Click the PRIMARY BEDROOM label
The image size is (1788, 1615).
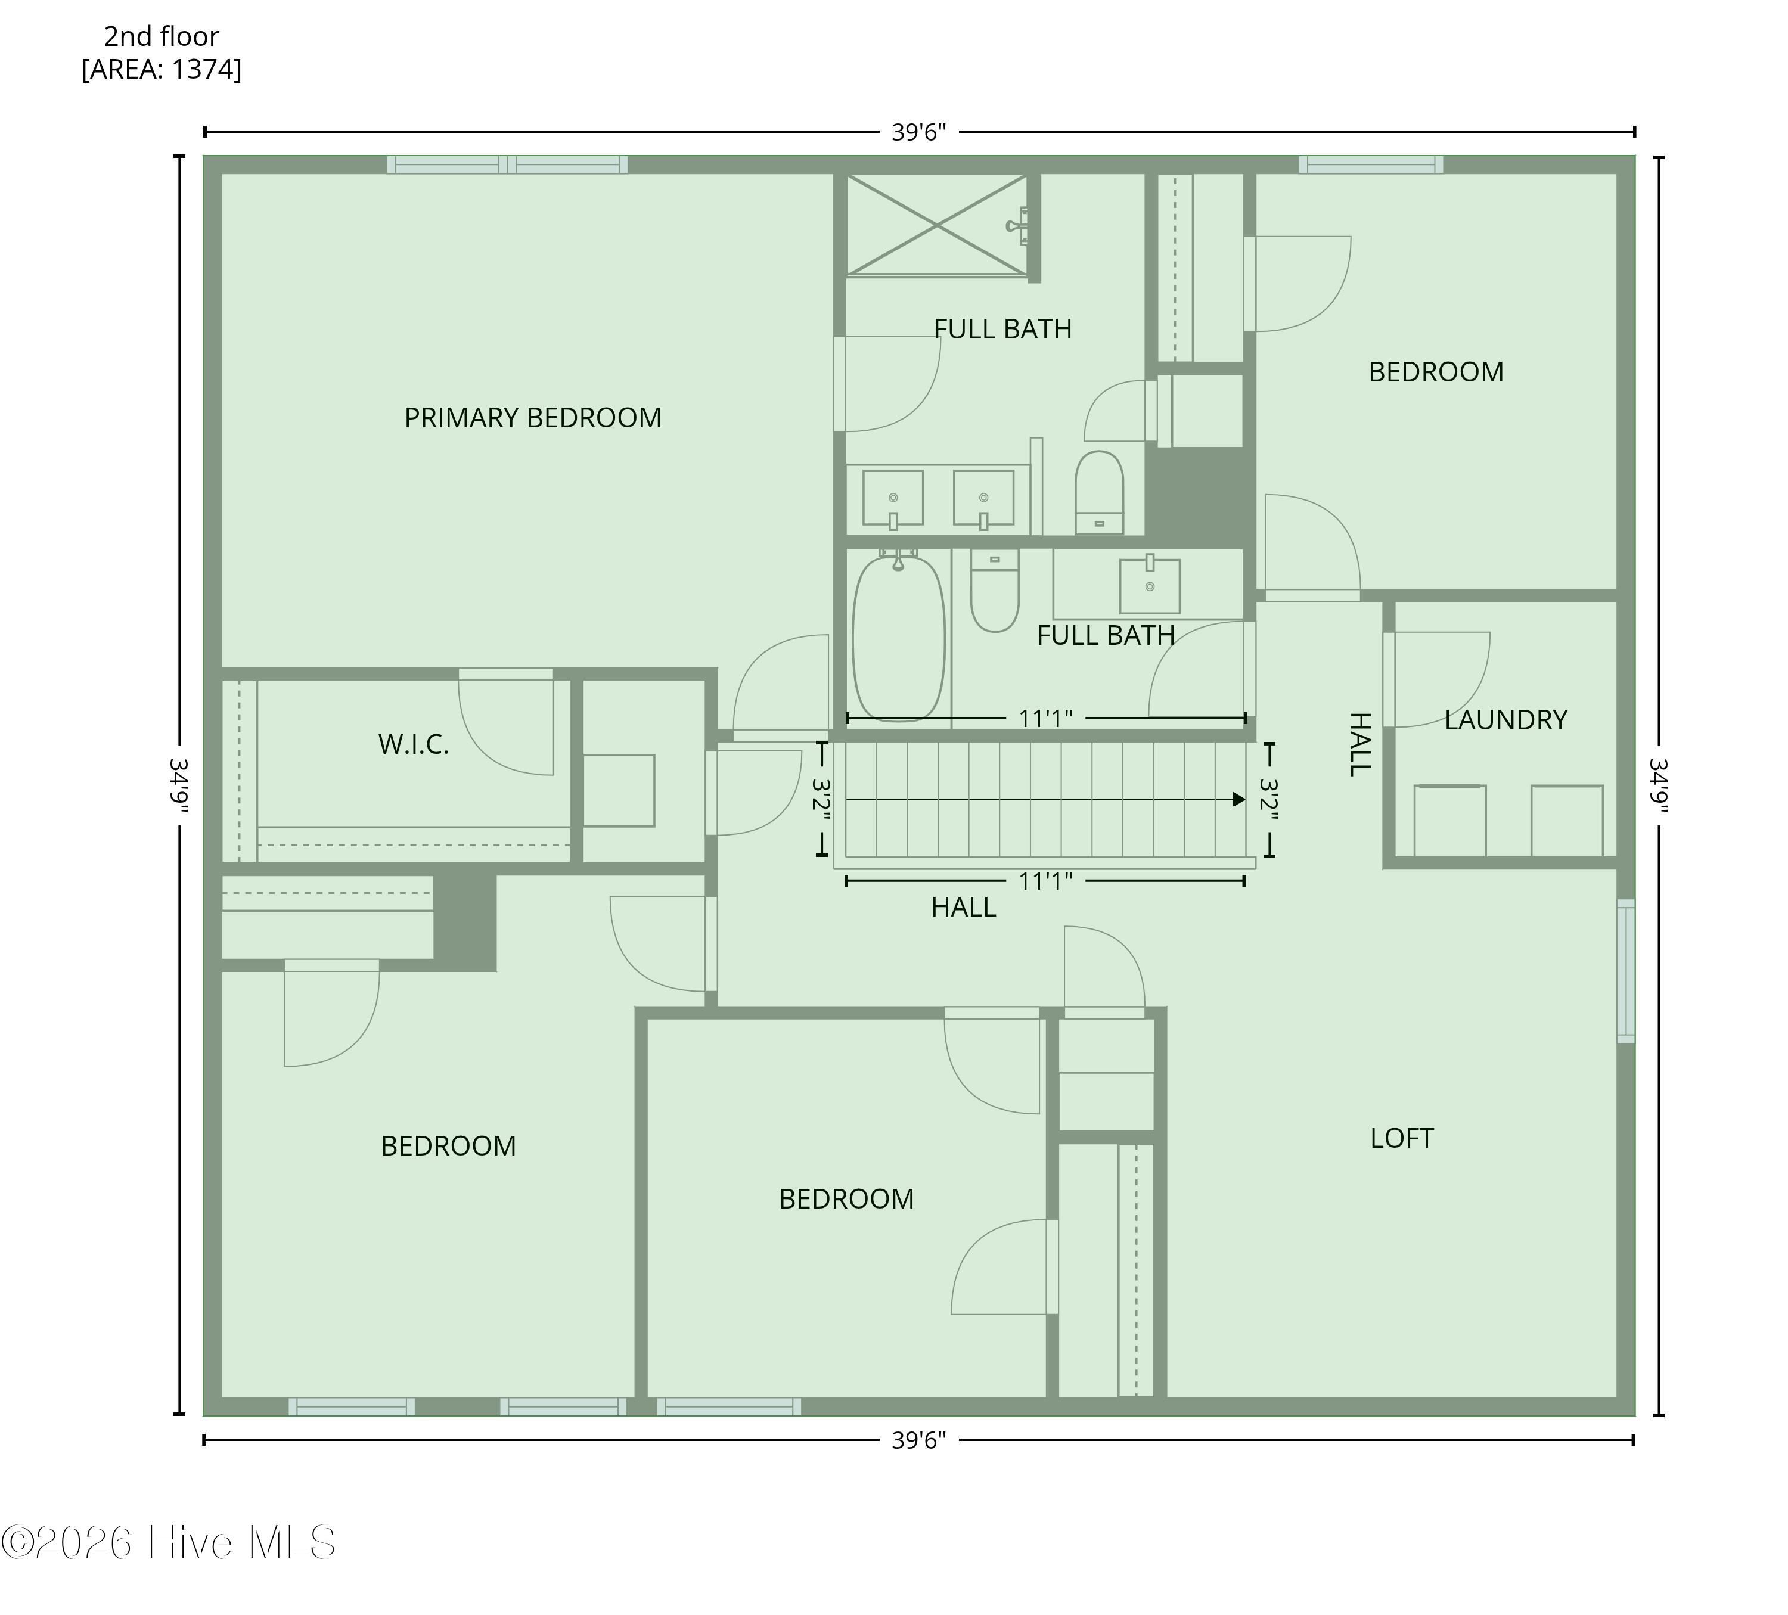point(533,418)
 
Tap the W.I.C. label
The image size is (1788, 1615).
point(413,745)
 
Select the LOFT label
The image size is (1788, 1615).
point(1401,1138)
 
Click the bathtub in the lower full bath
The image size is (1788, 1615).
point(898,638)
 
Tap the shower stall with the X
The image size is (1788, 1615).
point(938,225)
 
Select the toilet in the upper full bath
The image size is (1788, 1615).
point(1100,492)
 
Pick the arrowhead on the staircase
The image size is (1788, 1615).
point(1239,799)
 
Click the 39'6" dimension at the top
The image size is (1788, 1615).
point(919,132)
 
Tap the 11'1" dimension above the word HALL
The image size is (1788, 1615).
point(1045,881)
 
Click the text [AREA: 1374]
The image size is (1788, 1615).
point(162,69)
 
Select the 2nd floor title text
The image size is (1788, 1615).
point(162,36)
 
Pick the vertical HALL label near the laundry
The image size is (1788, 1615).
point(1359,744)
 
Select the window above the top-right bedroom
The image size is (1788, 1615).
point(1371,164)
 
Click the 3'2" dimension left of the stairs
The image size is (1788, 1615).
point(821,799)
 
